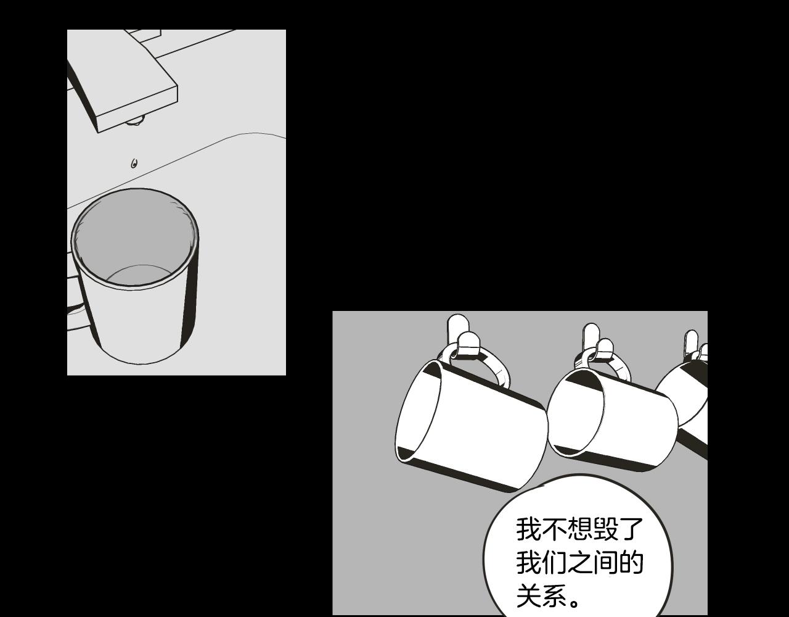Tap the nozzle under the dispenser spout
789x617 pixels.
click(x=135, y=120)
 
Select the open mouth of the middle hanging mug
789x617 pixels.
click(x=576, y=413)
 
